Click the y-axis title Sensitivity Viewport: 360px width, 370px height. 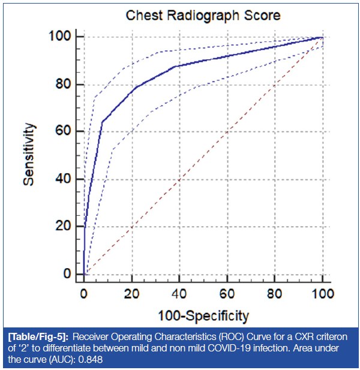(x=29, y=155)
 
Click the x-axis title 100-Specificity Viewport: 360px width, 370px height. (x=203, y=315)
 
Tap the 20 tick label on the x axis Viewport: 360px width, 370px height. (x=131, y=294)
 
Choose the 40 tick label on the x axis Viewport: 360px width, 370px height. (x=179, y=294)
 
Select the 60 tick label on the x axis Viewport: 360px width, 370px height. (x=227, y=294)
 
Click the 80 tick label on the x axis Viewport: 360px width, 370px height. (x=275, y=294)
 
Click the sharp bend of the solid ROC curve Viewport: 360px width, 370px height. (x=102, y=122)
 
